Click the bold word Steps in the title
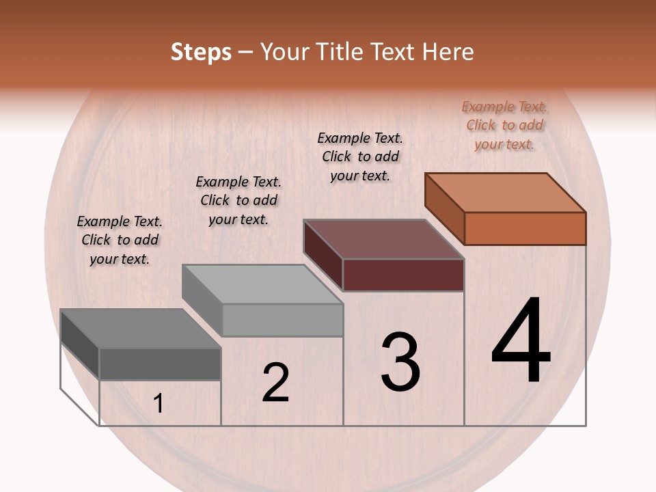coord(201,52)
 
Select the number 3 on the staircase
coord(400,361)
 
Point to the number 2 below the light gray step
coord(275,382)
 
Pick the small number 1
coord(159,404)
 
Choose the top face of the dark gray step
coord(141,329)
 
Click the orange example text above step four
coord(504,125)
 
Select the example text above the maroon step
coord(360,156)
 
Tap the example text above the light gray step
coord(238,200)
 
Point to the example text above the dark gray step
coord(120,240)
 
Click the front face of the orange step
coord(525,228)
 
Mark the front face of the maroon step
coord(403,275)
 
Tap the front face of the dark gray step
coord(160,364)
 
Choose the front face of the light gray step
coord(282,320)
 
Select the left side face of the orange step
coord(444,208)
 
